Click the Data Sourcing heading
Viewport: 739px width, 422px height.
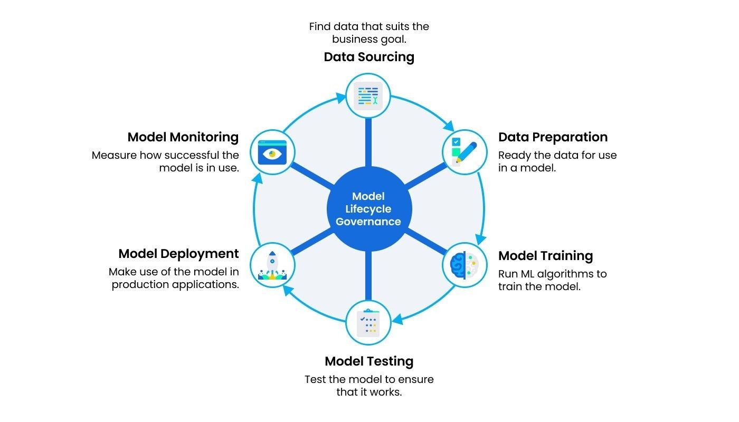coord(369,57)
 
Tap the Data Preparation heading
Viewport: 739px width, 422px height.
coord(553,137)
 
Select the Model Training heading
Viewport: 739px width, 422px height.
coord(545,256)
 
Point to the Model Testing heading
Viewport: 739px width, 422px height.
coord(369,361)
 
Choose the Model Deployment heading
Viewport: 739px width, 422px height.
coord(178,254)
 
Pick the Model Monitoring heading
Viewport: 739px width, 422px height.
coord(183,137)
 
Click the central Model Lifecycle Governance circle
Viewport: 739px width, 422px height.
coord(368,209)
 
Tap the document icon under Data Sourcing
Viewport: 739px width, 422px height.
coord(368,96)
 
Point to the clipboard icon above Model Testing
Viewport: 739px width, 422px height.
coord(368,322)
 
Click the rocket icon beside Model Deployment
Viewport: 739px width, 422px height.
coord(272,265)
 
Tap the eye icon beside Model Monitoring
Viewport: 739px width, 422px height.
coord(272,153)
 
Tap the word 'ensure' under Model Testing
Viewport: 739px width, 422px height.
coord(417,379)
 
